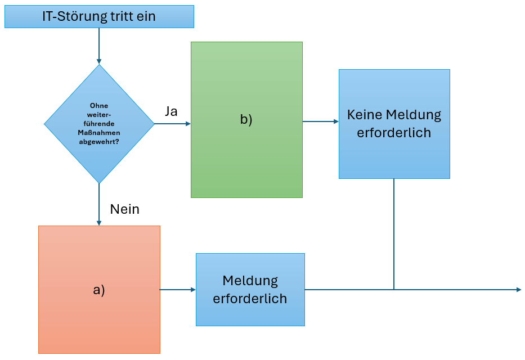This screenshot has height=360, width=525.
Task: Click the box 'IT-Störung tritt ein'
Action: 99,17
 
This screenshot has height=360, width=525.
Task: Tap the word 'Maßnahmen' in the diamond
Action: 99,132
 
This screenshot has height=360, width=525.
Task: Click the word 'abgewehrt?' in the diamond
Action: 99,141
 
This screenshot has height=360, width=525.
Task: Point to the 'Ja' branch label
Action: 171,111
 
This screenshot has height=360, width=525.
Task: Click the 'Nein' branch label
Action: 124,209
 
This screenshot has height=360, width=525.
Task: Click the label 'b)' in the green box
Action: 246,120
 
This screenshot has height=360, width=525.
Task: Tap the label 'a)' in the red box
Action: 99,290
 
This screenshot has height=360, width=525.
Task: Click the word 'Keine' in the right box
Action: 364,115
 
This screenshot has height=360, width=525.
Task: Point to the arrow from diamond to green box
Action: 172,124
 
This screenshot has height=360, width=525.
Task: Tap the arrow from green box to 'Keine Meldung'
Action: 320,121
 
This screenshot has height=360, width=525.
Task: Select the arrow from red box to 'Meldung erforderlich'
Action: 178,290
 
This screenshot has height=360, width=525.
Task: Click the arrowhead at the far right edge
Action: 518,290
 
